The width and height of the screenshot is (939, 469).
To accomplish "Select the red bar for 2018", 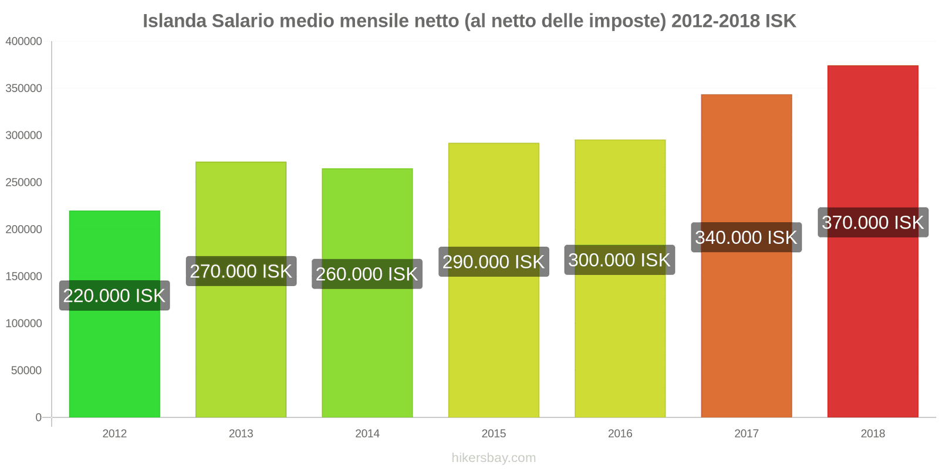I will point(873,322).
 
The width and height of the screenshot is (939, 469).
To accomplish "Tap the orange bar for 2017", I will point(746,328).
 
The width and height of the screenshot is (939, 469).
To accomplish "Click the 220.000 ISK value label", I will point(114,295).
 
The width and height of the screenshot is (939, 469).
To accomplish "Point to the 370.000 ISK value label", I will point(873,222).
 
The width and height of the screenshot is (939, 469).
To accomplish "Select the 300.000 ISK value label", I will point(619,260).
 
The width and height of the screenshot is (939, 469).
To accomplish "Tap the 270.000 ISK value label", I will point(241,271).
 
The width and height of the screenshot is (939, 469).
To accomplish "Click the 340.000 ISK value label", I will point(746,237).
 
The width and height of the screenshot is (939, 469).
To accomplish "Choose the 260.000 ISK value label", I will point(367,274).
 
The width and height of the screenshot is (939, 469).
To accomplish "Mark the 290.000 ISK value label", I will point(494,261).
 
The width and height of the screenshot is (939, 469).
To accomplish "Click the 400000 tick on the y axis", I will point(24,41).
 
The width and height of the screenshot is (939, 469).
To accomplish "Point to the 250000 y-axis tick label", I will point(24,182).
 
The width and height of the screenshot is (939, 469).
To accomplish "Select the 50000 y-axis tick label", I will point(26,371).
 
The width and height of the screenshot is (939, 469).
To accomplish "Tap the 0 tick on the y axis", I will point(38,417).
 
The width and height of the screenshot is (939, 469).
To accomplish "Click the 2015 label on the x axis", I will point(494,434).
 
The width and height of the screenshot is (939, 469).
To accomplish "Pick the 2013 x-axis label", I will point(241,434).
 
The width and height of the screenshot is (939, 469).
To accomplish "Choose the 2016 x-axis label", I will point(620,434).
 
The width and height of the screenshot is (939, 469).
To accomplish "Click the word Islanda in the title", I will point(174,21).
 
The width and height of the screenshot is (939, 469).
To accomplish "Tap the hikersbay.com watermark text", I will point(494,458).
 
